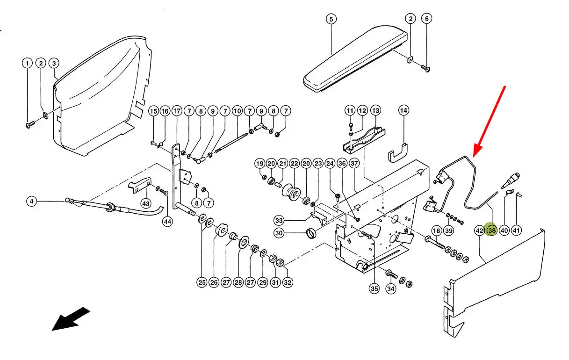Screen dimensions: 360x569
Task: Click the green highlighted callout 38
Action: (x=491, y=230)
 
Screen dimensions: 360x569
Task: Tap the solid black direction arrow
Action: (x=70, y=318)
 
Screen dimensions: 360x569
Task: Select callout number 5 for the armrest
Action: (x=331, y=19)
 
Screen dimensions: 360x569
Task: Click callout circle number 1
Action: (x=28, y=63)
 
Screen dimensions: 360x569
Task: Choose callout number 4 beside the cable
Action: (x=31, y=202)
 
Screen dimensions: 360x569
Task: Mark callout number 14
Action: (x=404, y=111)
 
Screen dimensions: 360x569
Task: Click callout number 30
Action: (x=279, y=233)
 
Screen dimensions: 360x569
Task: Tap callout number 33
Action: (x=279, y=220)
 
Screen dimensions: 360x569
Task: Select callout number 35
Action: (x=374, y=288)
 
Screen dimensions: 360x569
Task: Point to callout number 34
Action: (x=390, y=288)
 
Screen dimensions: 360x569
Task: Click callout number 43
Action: (x=146, y=203)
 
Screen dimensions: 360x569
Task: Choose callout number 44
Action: (x=167, y=221)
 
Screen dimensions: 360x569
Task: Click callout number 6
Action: (x=426, y=19)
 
